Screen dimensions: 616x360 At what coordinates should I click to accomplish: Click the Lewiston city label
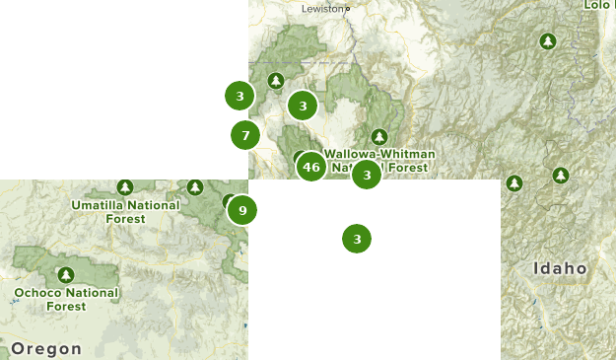pos(322,8)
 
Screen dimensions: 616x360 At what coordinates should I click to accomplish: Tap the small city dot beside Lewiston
pos(347,9)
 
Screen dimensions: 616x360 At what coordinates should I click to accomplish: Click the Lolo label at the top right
pos(598,5)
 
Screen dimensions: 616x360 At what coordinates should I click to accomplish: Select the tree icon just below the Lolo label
pos(547,41)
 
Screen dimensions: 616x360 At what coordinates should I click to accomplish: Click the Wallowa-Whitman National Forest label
pos(376,161)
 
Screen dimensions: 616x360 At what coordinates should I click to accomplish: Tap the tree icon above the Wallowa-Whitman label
pos(379,137)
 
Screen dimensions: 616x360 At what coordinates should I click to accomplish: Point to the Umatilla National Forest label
pos(125,211)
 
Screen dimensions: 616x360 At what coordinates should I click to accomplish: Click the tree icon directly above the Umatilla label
pos(124,187)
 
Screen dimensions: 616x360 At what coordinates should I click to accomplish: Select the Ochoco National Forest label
pos(66,299)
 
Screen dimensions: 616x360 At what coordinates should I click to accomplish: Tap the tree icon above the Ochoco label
pos(66,274)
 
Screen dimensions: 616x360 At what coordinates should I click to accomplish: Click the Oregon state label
pos(46,348)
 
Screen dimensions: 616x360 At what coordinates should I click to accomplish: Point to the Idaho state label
pos(560,268)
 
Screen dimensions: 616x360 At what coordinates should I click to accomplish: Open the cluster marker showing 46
pos(311,167)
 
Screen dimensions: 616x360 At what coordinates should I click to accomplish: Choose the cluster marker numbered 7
pos(245,134)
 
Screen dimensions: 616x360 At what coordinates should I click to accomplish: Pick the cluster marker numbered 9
pos(241,209)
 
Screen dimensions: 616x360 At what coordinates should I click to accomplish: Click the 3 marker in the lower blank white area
pos(357,239)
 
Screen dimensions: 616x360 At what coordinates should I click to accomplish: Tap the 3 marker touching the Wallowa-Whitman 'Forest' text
pos(367,176)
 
